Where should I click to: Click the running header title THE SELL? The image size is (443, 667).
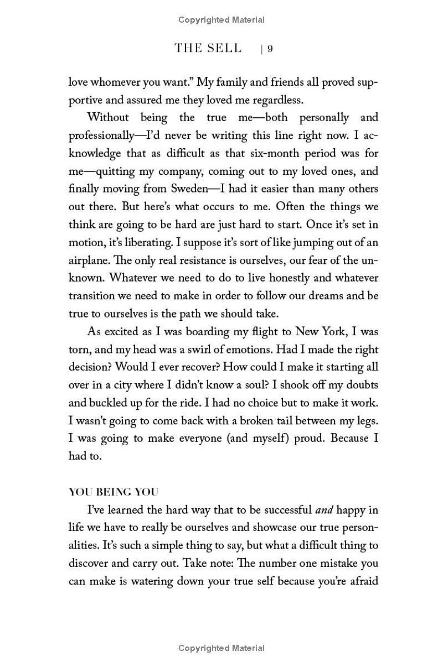point(208,48)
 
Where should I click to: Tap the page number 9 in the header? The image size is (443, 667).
point(270,49)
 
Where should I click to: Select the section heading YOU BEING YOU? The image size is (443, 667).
point(113,492)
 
